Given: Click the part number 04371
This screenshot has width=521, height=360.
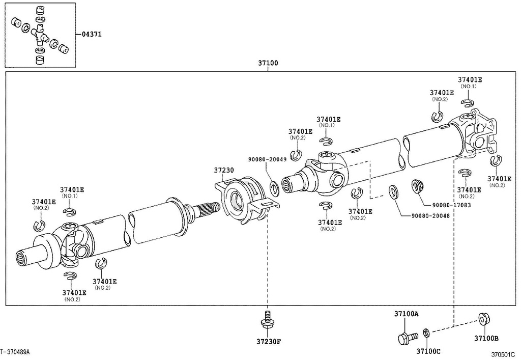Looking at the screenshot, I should point(92,35).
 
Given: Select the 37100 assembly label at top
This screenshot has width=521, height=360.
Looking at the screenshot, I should point(268,64).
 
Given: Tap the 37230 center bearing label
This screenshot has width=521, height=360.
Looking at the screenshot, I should point(224,170).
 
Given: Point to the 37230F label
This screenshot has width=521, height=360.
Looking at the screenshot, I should point(268,341).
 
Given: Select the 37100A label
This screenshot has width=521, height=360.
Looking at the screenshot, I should point(406,314).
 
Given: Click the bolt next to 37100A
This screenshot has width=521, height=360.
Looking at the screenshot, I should point(407,337).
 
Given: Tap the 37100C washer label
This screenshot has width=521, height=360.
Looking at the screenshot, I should point(428,351).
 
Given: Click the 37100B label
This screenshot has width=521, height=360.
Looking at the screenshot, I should point(486,339).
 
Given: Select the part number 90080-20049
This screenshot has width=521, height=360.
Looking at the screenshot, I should point(267,159).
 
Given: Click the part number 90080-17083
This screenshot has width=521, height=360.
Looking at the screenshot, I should point(451,205).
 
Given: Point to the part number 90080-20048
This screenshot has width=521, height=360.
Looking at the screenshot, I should point(431,216).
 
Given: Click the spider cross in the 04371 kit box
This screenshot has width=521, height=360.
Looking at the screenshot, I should point(39,35).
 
